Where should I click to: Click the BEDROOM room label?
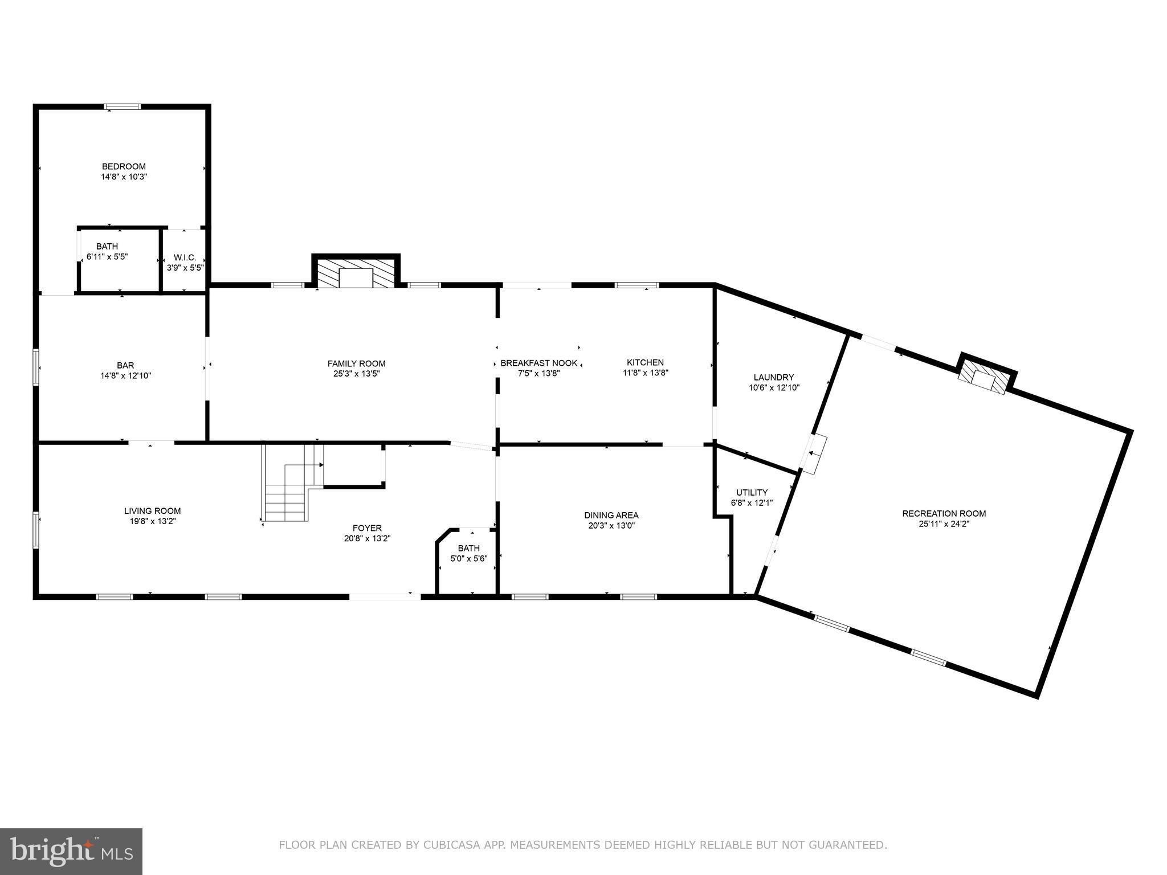(124, 166)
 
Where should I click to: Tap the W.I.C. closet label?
(185, 257)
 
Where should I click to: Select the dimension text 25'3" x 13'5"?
(356, 374)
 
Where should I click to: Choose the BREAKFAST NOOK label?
(538, 363)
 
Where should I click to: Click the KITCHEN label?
(645, 362)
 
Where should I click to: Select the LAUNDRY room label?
(773, 377)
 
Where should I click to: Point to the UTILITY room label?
(752, 492)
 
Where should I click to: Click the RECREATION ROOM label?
(944, 513)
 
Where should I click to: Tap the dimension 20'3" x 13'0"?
(611, 526)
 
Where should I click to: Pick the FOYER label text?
(367, 528)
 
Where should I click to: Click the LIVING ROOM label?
(152, 511)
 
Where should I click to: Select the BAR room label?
(125, 365)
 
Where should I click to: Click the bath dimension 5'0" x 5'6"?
(468, 559)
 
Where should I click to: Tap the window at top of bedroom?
(122, 106)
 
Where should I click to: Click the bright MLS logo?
(71, 851)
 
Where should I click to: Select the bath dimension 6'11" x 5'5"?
(107, 257)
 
